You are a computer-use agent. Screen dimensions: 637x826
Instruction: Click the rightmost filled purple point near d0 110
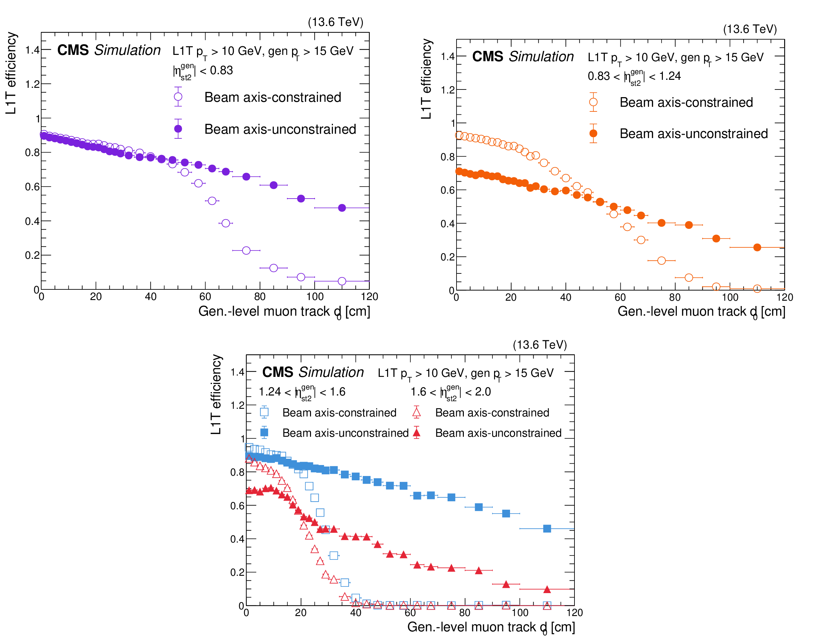click(x=342, y=208)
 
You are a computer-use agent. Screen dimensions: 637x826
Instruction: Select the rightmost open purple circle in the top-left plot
click(x=342, y=281)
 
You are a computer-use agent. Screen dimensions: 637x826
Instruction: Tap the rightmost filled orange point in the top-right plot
click(x=757, y=247)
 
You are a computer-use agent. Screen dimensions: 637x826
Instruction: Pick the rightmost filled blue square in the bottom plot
click(x=547, y=528)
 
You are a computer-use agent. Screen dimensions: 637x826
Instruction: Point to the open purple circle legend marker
click(x=178, y=97)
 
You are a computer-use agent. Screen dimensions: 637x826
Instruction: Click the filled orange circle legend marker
click(x=593, y=133)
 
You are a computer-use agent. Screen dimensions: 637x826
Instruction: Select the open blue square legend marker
click(x=264, y=412)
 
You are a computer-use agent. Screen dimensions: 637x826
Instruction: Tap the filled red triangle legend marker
click(x=416, y=432)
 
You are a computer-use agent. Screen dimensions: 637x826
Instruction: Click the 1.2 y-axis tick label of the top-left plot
click(x=33, y=84)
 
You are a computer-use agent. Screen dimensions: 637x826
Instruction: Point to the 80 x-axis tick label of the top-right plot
click(x=675, y=297)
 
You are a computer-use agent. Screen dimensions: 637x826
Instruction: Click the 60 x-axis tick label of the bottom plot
click(x=410, y=613)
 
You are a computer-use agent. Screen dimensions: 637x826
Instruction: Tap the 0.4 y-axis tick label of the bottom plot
click(x=238, y=539)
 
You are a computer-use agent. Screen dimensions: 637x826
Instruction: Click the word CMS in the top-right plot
click(x=487, y=57)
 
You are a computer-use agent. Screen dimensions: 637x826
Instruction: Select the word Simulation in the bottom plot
click(x=331, y=372)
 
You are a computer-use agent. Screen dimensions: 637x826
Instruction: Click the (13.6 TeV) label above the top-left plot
click(x=336, y=22)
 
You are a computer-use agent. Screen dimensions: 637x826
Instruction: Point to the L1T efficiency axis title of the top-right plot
click(x=426, y=79)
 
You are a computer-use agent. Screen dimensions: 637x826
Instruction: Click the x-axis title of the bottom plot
click(x=491, y=627)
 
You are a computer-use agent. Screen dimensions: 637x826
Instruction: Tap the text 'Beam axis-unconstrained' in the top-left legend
click(x=280, y=129)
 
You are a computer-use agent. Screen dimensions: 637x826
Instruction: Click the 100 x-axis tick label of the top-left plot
click(x=315, y=296)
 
